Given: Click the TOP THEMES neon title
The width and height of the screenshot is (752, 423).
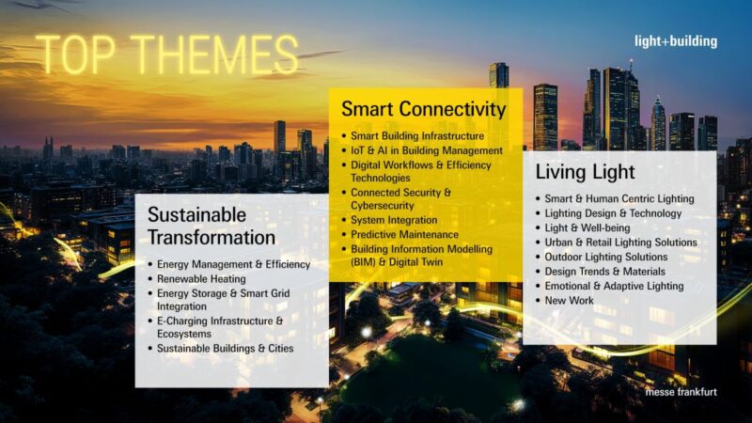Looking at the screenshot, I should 166,55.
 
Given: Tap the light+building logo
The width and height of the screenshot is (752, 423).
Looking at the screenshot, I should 675,41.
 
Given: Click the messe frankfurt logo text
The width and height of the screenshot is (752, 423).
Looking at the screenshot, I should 681,391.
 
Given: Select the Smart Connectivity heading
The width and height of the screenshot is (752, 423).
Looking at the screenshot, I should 423,109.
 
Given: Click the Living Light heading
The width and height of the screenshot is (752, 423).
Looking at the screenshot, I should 585,173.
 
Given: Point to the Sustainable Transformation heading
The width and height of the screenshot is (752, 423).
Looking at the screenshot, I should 211,226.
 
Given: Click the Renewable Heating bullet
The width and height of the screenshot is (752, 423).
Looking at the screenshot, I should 201,279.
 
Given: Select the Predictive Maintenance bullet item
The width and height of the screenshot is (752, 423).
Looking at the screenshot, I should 404,234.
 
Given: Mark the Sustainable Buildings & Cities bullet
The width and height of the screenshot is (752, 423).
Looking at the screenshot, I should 225,348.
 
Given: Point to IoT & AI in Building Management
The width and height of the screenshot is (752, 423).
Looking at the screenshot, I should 427,150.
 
